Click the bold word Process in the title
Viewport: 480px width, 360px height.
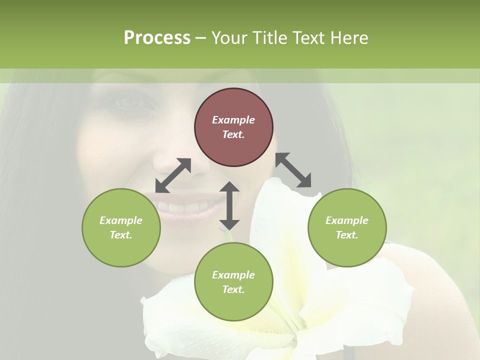pyautogui.click(x=157, y=38)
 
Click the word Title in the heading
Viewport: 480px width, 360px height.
pyautogui.click(x=269, y=38)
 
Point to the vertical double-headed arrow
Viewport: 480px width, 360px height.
pyautogui.click(x=229, y=205)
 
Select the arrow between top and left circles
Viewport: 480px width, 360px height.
pyautogui.click(x=173, y=175)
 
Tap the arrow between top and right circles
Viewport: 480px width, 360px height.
pyautogui.click(x=293, y=170)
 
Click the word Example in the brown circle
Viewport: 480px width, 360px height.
pyautogui.click(x=233, y=120)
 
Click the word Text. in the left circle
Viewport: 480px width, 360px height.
pyautogui.click(x=121, y=235)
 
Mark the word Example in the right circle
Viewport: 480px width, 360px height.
pyautogui.click(x=347, y=220)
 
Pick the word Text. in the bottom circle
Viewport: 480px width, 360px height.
pyautogui.click(x=233, y=289)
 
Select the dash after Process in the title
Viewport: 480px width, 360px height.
pyautogui.click(x=200, y=38)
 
